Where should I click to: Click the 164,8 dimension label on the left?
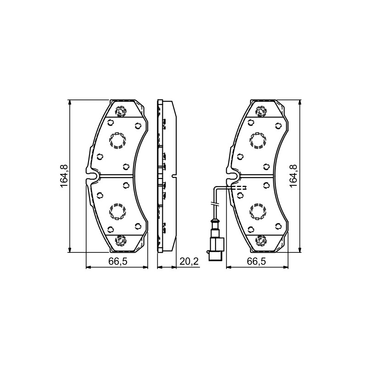pos(64,176)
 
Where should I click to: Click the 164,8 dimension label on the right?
pos(293,176)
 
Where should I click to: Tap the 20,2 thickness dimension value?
pos(189,261)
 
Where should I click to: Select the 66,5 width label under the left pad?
pos(118,261)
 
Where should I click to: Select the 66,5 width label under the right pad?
pos(256,261)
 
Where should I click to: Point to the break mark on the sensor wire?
pos(215,204)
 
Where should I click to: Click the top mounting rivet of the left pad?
pos(121,111)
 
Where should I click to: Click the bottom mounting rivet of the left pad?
pos(121,240)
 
